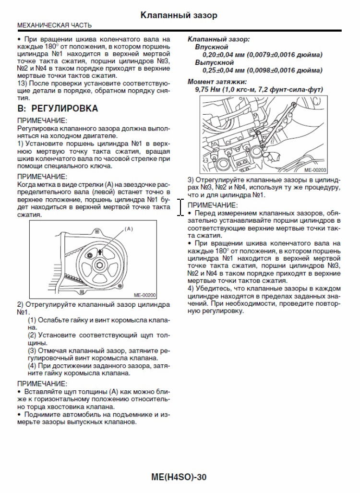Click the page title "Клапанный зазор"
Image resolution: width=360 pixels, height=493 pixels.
click(x=179, y=15)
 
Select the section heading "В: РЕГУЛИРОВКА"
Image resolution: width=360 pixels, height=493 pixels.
click(x=57, y=108)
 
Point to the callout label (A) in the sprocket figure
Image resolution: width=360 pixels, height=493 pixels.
click(x=129, y=229)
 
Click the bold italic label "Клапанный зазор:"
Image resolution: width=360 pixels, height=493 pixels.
click(x=218, y=39)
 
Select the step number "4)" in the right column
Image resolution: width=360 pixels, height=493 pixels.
click(x=191, y=289)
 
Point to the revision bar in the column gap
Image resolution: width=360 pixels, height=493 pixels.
click(x=180, y=207)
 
